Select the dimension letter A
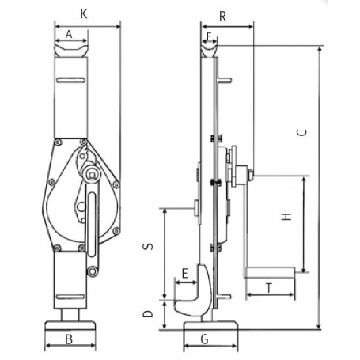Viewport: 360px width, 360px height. [70, 34]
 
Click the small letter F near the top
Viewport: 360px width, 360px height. [208, 36]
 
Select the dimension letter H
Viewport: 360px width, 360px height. [287, 214]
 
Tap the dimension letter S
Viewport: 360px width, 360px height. [147, 247]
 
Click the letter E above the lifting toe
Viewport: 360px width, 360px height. [184, 274]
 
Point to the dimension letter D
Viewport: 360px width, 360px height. [147, 314]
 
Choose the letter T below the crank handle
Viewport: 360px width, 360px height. [269, 289]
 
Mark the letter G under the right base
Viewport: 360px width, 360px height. [205, 342]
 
